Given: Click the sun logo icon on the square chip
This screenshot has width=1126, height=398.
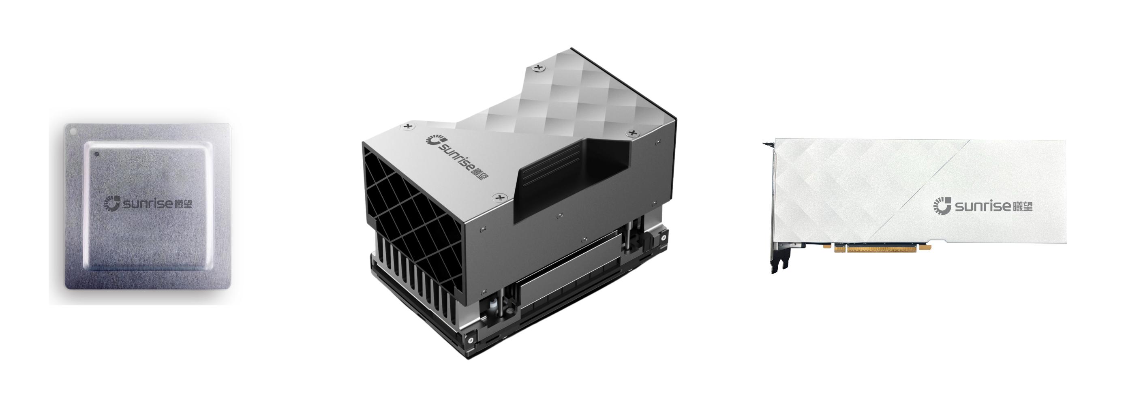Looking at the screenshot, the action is (x=112, y=203).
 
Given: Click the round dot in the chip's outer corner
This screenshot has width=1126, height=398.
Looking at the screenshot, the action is (x=73, y=130).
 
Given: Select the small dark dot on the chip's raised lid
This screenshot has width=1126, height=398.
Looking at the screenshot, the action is (x=97, y=153).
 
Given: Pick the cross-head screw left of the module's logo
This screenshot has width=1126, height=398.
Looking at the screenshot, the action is (x=408, y=127).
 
